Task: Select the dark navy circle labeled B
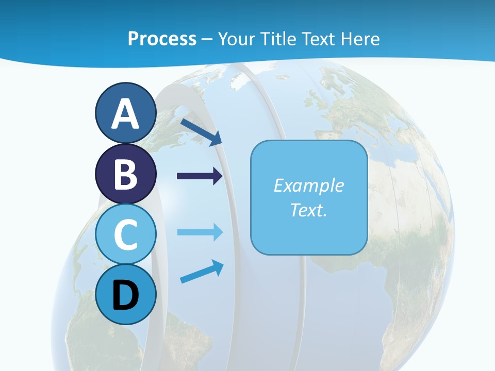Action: click(x=125, y=174)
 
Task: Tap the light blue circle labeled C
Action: click(x=125, y=234)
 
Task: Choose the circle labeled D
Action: click(x=125, y=294)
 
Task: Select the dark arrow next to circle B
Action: click(x=200, y=176)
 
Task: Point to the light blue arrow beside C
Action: click(x=200, y=232)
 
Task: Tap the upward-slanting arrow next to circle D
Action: click(x=202, y=272)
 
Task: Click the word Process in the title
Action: click(x=162, y=39)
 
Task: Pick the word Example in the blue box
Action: click(x=308, y=185)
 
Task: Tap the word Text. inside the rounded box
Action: click(x=308, y=210)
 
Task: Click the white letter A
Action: click(x=125, y=114)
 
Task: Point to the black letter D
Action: click(x=125, y=295)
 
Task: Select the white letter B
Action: click(x=125, y=174)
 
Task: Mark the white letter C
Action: click(x=125, y=234)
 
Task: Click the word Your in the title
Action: click(x=237, y=39)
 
